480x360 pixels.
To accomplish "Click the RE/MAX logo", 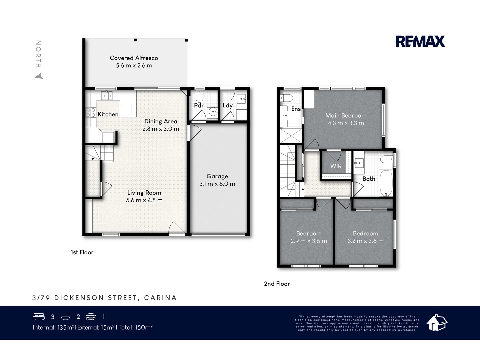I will click(x=420, y=41).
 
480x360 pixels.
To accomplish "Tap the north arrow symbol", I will click(x=39, y=76).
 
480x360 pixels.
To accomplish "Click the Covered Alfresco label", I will click(x=134, y=58).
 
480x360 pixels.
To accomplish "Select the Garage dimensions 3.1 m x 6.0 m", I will click(x=217, y=184).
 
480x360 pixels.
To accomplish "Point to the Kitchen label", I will click(x=108, y=114).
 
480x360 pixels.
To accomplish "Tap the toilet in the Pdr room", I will click(x=199, y=97).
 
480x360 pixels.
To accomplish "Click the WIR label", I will click(x=336, y=166).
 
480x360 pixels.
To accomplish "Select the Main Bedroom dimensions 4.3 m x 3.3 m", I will click(x=346, y=123).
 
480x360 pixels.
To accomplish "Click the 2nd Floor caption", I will click(x=277, y=284).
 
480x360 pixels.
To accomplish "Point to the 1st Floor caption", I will click(x=82, y=252).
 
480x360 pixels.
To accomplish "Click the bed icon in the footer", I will click(x=39, y=317).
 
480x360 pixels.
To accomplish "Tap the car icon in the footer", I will click(x=91, y=317).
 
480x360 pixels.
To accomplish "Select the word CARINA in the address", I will click(x=160, y=298).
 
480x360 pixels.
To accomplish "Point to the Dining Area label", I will click(x=161, y=121).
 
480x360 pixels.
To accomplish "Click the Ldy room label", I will click(x=227, y=105).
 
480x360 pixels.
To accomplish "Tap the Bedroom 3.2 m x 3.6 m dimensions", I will click(x=365, y=241).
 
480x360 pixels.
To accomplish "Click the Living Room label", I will click(x=144, y=193).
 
